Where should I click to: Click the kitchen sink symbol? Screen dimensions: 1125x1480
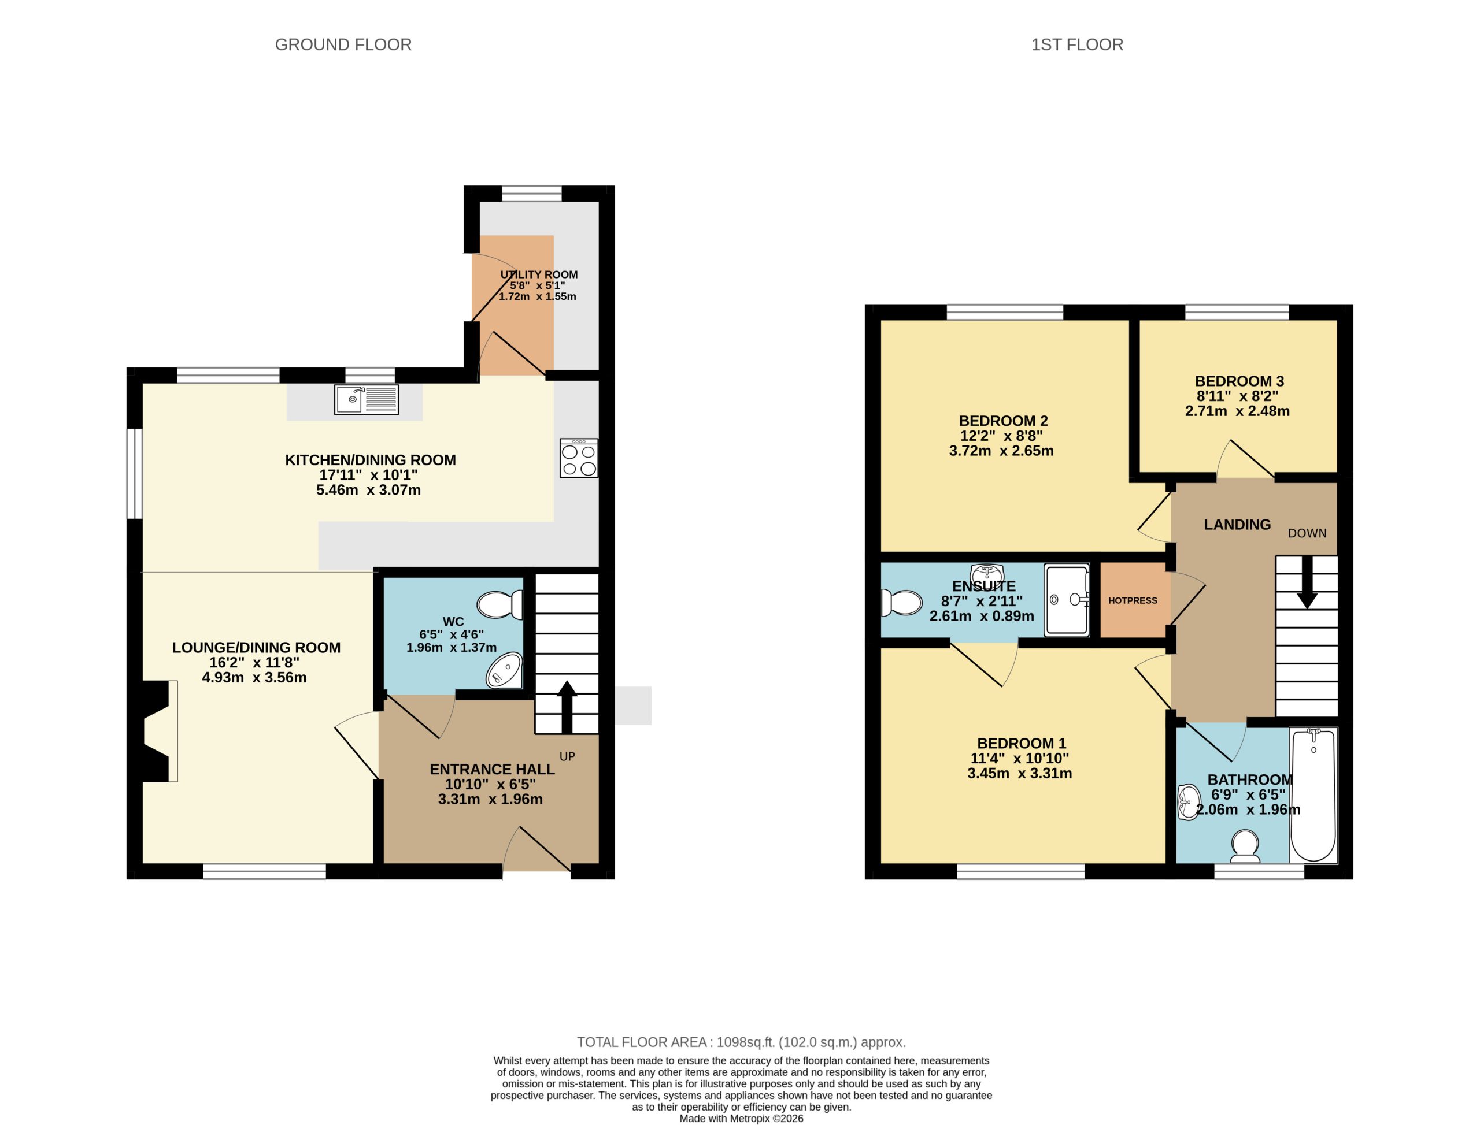366,400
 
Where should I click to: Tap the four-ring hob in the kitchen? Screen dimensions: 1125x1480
579,459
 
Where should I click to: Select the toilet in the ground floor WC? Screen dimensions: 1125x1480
500,605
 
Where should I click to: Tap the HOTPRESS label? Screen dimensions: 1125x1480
1133,601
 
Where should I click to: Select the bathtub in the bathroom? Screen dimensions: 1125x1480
1313,795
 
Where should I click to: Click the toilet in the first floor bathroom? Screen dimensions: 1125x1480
1245,846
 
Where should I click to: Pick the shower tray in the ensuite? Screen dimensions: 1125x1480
1067,599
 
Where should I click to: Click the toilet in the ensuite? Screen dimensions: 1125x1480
901,603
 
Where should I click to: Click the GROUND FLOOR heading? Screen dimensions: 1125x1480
343,45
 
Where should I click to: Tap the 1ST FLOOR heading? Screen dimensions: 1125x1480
1076,45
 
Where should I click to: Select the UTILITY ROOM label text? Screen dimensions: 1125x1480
539,274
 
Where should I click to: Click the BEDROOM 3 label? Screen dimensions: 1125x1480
1239,381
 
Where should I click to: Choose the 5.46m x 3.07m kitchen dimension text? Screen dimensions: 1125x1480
368,490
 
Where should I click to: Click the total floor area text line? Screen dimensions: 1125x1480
741,1042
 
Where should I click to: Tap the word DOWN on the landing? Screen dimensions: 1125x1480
1307,533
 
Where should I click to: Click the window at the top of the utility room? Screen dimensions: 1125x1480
532,194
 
